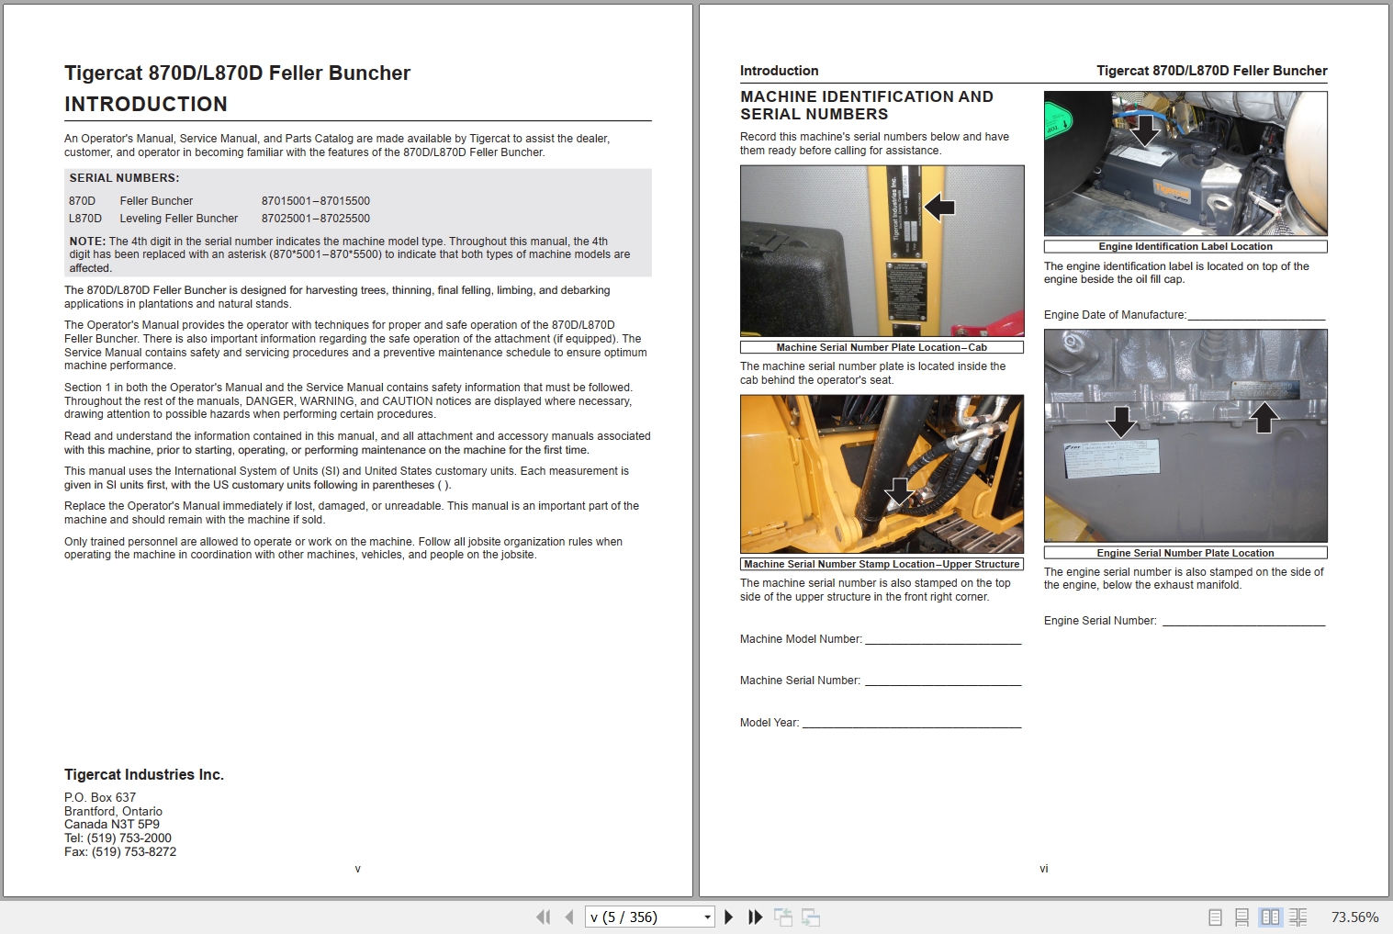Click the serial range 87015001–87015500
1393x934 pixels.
point(315,201)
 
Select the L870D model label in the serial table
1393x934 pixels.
point(85,219)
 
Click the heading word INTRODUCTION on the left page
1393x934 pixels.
point(146,105)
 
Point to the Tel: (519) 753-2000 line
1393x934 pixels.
point(118,838)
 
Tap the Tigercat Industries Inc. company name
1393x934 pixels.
point(144,775)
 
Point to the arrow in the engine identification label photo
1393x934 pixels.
point(1144,129)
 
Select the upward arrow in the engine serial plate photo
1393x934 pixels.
point(1264,417)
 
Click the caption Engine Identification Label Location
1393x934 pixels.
point(1185,246)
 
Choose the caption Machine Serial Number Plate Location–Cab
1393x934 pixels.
point(881,347)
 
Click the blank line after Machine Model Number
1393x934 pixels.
point(943,640)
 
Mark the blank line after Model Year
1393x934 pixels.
point(911,724)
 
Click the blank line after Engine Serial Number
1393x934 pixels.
point(1243,622)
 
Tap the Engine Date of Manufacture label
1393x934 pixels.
point(1115,315)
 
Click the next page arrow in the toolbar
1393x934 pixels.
point(729,917)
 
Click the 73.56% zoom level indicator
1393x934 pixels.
point(1354,917)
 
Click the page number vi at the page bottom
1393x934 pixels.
point(1043,869)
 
